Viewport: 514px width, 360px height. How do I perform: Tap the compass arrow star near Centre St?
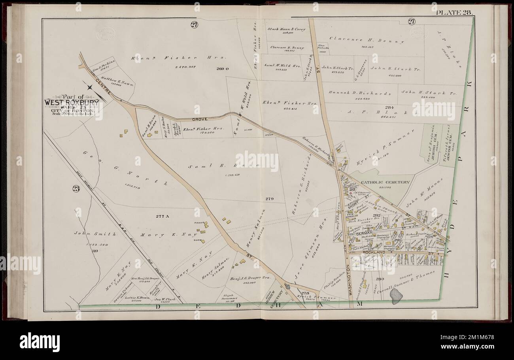tap(91, 86)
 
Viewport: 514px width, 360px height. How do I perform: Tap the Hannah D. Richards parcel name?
tap(359, 94)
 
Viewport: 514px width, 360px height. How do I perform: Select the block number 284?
tap(391, 107)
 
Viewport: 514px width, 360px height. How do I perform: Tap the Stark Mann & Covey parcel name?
tap(284, 29)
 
